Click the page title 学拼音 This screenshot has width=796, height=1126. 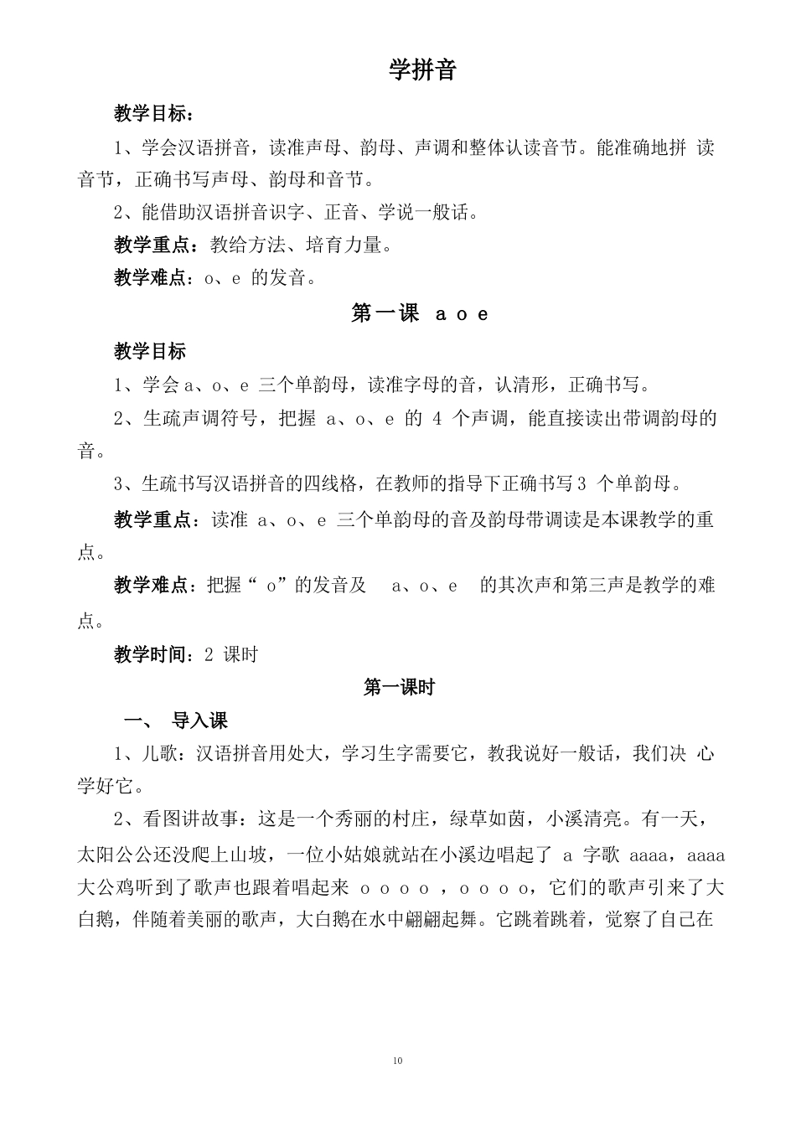click(x=421, y=70)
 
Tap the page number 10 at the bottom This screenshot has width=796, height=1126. click(x=397, y=1061)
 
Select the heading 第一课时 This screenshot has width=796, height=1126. click(x=399, y=688)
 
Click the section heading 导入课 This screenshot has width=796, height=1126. click(x=199, y=721)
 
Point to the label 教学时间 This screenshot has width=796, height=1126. click(x=150, y=654)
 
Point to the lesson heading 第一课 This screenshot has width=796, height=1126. click(x=385, y=314)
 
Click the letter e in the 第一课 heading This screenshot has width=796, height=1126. click(x=483, y=315)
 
